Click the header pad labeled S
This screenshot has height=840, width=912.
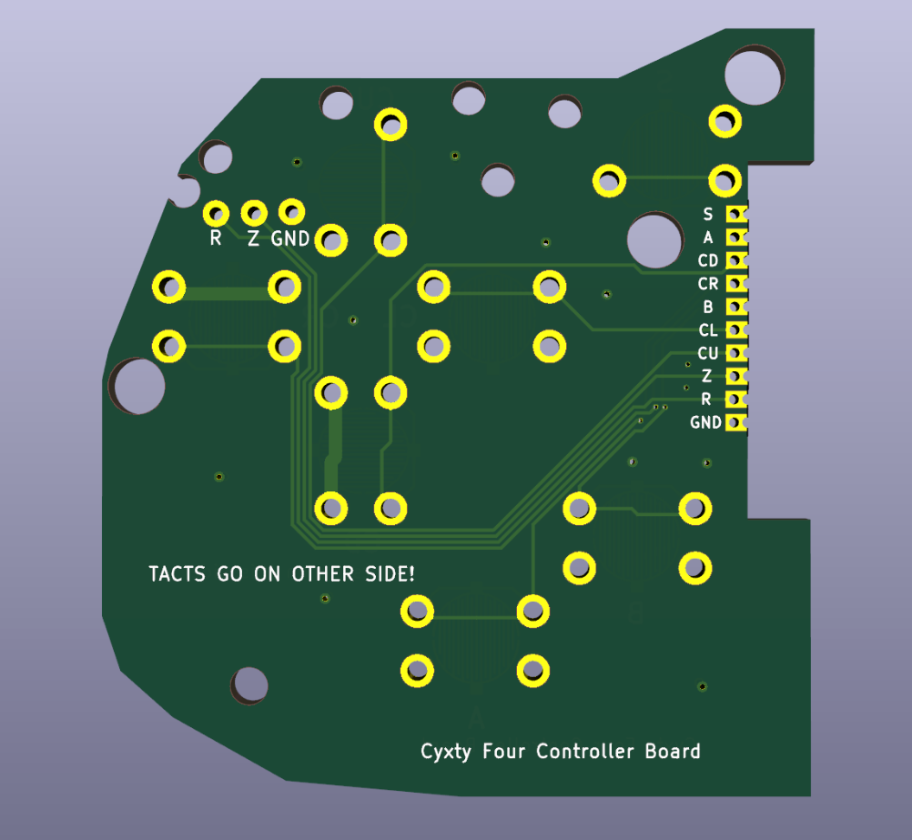coord(736,214)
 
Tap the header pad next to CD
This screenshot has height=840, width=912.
coord(736,260)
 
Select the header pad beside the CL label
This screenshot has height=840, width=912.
coord(736,329)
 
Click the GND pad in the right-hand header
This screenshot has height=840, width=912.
coord(736,422)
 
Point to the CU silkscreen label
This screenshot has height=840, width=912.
coord(708,353)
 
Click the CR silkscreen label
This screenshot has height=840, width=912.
coord(708,284)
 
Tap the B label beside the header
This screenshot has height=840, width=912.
coord(708,307)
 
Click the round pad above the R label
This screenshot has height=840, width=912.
coord(216,214)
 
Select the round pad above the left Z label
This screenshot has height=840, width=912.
coord(254,214)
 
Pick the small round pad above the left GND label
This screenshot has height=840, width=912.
coord(291,212)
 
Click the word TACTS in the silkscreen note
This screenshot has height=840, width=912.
coord(177,574)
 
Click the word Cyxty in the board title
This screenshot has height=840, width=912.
coord(446,752)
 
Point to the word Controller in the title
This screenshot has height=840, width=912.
coord(584,751)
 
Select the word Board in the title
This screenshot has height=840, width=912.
coord(673,751)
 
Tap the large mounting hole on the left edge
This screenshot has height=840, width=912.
coord(138,386)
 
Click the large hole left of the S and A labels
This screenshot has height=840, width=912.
coord(655,240)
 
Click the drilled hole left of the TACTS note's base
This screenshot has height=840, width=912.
coord(249,685)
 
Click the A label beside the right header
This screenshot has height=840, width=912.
coord(708,238)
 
